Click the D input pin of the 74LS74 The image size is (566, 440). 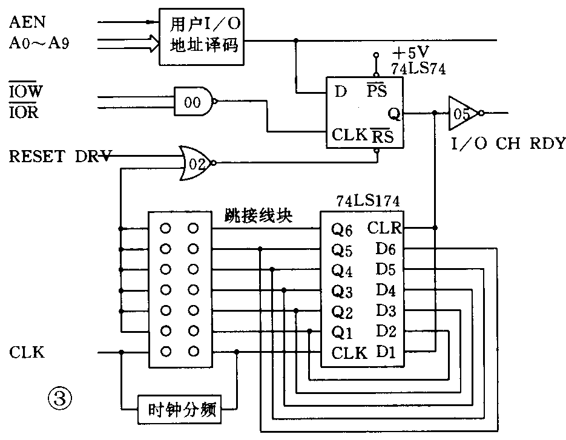point(341,92)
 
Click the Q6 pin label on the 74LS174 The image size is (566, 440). point(341,230)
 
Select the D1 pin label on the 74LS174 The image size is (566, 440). point(386,351)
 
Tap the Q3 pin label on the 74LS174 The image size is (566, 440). point(341,292)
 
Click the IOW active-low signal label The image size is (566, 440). point(25,92)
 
